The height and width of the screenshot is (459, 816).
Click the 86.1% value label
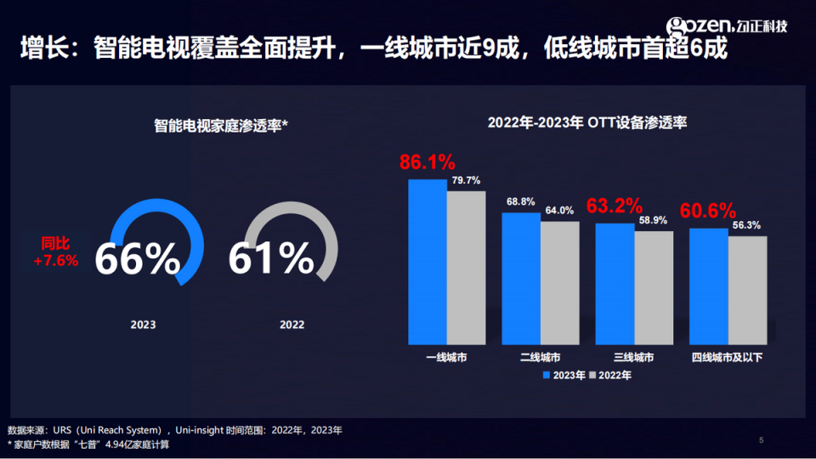pyautogui.click(x=428, y=162)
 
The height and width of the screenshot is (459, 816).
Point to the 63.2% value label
pyautogui.click(x=615, y=206)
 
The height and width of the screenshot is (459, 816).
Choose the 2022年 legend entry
pyautogui.click(x=611, y=375)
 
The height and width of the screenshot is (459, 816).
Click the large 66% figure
pyautogui.click(x=137, y=258)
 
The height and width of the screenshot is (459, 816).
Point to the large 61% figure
pyautogui.click(x=270, y=258)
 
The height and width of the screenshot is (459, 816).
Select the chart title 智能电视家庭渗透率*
pyautogui.click(x=221, y=125)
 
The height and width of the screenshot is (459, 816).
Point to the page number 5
pyautogui.click(x=761, y=439)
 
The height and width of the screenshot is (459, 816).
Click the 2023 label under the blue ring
pyautogui.click(x=143, y=325)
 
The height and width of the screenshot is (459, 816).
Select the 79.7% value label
pyautogui.click(x=466, y=180)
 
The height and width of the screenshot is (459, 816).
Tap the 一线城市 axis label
pyautogui.click(x=446, y=358)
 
